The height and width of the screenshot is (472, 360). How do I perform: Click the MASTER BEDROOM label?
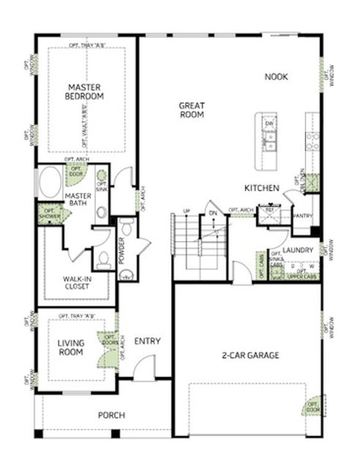[86, 92]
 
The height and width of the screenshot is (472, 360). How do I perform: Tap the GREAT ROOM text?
[192, 110]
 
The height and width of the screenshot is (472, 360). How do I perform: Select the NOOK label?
[276, 77]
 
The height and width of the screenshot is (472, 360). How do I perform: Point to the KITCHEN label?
[262, 187]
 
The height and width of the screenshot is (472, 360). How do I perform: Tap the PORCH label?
[112, 415]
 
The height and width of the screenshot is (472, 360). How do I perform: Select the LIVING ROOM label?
[71, 347]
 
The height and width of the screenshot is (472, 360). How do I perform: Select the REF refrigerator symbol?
[268, 211]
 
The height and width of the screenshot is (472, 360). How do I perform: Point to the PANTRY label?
[302, 216]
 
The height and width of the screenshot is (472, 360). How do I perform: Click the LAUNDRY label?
[299, 251]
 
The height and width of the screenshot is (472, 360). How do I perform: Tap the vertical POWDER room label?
[122, 251]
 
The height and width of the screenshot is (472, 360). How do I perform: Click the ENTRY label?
[147, 342]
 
